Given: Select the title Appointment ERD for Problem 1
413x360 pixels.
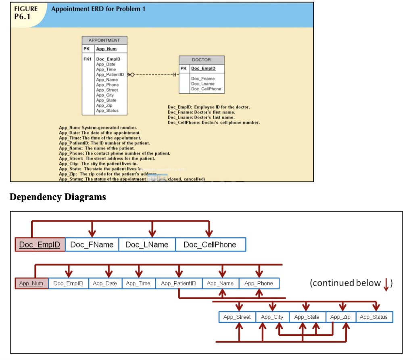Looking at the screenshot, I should pyautogui.click(x=98, y=9).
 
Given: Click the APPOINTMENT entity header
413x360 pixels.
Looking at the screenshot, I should pyautogui.click(x=104, y=40).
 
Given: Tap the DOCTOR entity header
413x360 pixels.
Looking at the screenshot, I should pyautogui.click(x=201, y=60).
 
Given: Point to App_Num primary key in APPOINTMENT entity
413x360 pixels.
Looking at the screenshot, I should pyautogui.click(x=106, y=49).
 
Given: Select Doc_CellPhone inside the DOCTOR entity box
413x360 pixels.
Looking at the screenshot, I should pyautogui.click(x=206, y=89).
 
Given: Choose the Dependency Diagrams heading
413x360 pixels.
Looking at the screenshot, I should pyautogui.click(x=58, y=197).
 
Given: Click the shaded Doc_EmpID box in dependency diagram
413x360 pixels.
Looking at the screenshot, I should pyautogui.click(x=40, y=245).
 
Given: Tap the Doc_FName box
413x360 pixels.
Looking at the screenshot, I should pyautogui.click(x=92, y=245).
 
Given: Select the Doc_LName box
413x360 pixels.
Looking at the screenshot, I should pyautogui.click(x=147, y=245).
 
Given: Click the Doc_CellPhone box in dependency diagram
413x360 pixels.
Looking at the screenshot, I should pyautogui.click(x=210, y=245).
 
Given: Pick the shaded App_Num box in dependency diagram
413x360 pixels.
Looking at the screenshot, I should pyautogui.click(x=31, y=283).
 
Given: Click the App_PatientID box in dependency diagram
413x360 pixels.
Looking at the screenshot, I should pyautogui.click(x=179, y=283).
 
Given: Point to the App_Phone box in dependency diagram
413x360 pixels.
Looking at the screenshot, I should pyautogui.click(x=259, y=283).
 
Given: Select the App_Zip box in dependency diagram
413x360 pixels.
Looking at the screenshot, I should pyautogui.click(x=340, y=317).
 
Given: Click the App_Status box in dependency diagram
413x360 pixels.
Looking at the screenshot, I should pyautogui.click(x=373, y=317).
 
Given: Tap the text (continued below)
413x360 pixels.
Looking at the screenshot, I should pyautogui.click(x=350, y=283).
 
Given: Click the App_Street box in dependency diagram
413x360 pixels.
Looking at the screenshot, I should pyautogui.click(x=237, y=317).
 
